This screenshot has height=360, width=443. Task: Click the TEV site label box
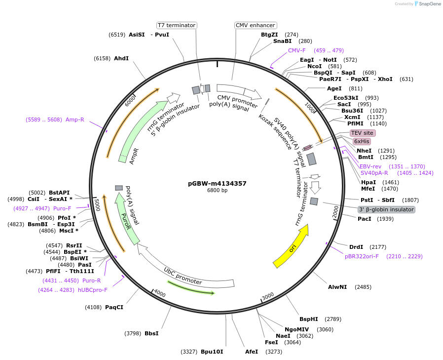pyautogui.click(x=363, y=133)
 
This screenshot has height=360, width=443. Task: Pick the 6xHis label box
pyautogui.click(x=362, y=141)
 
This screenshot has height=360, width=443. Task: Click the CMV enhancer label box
pyautogui.click(x=256, y=25)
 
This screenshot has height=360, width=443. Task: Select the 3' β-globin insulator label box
pyautogui.click(x=386, y=209)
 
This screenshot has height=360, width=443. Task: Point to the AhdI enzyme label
pyautogui.click(x=121, y=58)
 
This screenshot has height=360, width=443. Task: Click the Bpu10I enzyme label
pyautogui.click(x=212, y=352)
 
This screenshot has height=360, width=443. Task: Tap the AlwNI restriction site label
pyautogui.click(x=337, y=287)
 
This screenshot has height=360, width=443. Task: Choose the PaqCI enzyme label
pyautogui.click(x=114, y=307)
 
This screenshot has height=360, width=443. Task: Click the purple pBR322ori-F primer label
pyautogui.click(x=362, y=256)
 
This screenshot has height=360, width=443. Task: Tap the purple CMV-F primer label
pyautogui.click(x=297, y=50)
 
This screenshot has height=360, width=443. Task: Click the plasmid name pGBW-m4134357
pyautogui.click(x=217, y=183)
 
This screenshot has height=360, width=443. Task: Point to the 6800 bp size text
pyautogui.click(x=217, y=191)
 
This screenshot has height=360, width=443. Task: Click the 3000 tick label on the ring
pyautogui.click(x=267, y=296)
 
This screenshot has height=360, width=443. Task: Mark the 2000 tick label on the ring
pyautogui.click(x=335, y=211)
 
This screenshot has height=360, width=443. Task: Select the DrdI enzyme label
pyautogui.click(x=356, y=247)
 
